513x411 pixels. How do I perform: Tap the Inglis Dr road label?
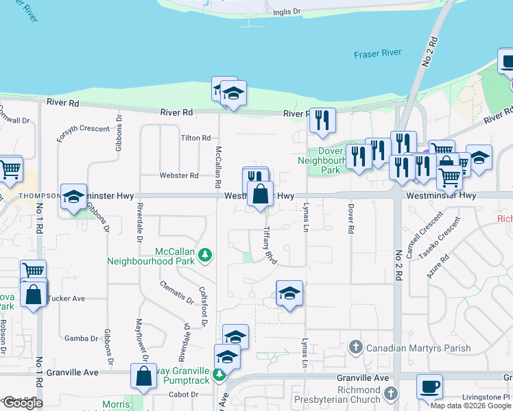[287, 12]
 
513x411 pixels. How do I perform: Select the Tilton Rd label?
[195, 138]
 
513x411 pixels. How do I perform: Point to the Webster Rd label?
[179, 175]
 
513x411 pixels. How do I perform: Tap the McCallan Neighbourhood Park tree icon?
[204, 256]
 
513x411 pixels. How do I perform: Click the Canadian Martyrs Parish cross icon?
[355, 347]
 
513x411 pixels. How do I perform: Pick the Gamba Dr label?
[82, 338]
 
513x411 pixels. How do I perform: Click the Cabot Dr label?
[183, 395]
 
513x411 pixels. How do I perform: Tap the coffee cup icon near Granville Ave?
[429, 387]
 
